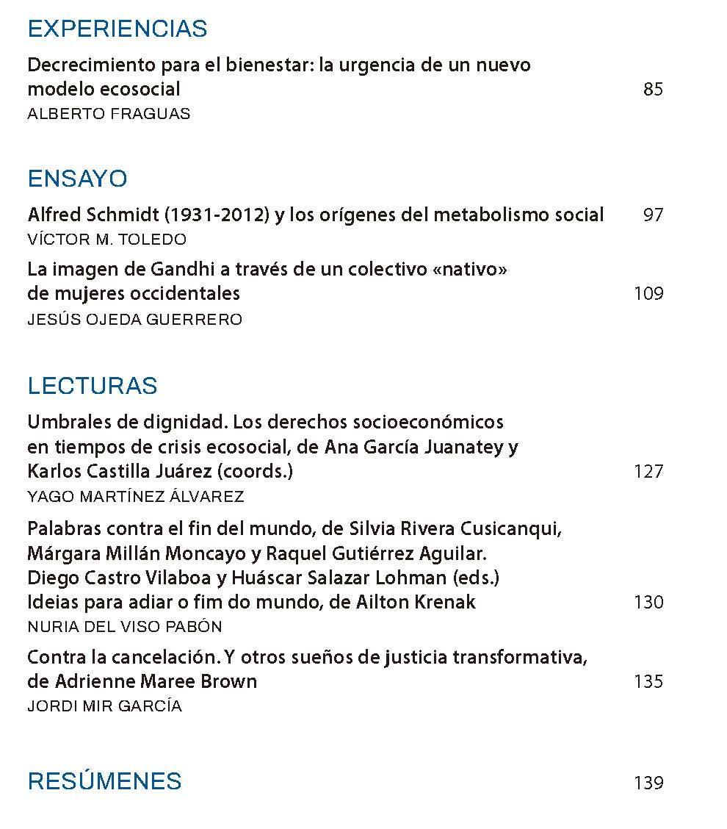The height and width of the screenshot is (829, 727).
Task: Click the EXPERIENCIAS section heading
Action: click(117, 29)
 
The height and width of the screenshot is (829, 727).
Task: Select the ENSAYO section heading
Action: click(77, 179)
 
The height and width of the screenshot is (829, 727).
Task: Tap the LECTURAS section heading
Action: click(93, 386)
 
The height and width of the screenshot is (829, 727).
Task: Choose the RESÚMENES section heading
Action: click(104, 781)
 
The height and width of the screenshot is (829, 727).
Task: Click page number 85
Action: click(652, 90)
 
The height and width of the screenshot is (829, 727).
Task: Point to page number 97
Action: click(652, 215)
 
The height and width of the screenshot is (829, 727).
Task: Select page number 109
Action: click(648, 294)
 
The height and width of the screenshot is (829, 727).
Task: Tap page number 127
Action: click(648, 471)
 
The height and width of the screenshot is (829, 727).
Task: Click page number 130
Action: click(648, 603)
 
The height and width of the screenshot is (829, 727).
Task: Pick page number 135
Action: click(648, 682)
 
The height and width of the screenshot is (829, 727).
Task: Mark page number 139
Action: click(648, 783)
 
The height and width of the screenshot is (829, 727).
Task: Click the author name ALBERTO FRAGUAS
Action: click(109, 114)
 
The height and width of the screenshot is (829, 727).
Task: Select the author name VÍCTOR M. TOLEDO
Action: click(106, 240)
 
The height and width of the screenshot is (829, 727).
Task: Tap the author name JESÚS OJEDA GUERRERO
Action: click(134, 320)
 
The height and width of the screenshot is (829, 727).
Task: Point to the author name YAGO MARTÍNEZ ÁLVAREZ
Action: click(135, 497)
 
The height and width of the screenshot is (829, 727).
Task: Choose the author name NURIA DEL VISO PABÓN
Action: click(124, 627)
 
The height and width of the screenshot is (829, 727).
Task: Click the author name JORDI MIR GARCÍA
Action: click(104, 706)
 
